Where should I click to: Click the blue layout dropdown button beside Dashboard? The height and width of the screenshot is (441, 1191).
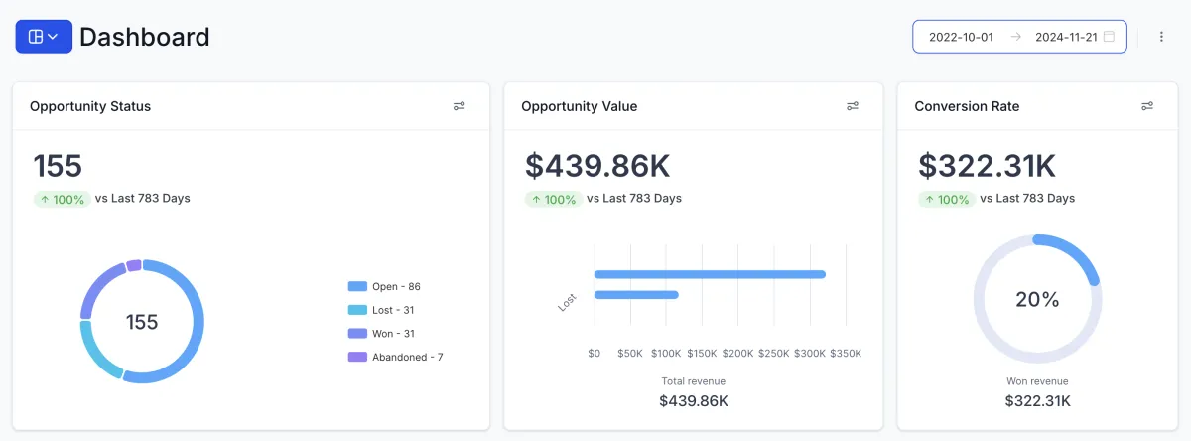coord(44,37)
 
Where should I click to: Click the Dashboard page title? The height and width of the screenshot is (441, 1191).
coord(145,37)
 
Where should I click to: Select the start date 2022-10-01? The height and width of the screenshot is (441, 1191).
coord(961,37)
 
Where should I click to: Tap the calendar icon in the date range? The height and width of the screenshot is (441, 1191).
coord(1109,37)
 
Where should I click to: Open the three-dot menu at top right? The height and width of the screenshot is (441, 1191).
coord(1161,37)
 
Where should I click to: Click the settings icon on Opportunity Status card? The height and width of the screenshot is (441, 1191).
coord(460,106)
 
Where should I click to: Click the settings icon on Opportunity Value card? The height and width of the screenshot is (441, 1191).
coord(853,106)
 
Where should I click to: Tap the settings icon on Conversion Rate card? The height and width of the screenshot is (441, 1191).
coord(1147,106)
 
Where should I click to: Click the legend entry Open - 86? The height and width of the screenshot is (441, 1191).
coord(395,286)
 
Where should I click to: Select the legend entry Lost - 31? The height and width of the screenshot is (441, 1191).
coord(392,310)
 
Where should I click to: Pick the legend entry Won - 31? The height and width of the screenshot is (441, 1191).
coord(392,333)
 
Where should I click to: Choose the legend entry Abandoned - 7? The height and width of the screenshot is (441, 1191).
coord(406,357)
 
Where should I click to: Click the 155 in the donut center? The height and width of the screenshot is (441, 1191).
coord(142,322)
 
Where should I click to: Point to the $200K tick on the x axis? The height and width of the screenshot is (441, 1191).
coord(737,353)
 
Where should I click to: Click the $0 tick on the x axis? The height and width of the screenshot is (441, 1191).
coord(595,353)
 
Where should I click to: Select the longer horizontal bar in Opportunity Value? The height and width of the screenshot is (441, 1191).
coord(710,274)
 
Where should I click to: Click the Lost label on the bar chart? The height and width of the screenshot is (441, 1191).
coord(568,302)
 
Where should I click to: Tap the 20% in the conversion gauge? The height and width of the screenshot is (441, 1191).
coord(1037,299)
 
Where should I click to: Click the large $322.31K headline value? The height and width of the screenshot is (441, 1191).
coord(987,165)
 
